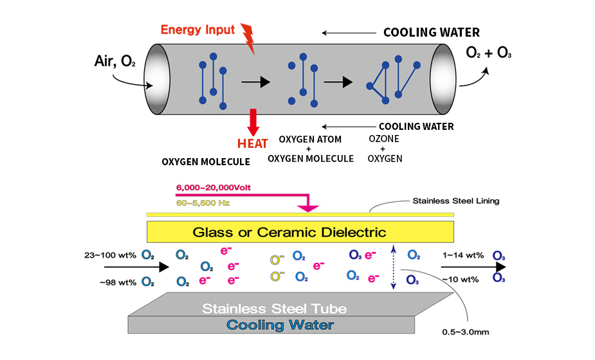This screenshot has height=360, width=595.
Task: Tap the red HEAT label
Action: point(252,143)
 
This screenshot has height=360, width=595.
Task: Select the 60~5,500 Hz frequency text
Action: point(203,203)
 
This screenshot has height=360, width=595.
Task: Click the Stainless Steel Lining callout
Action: point(455,201)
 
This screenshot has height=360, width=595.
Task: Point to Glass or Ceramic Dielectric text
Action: point(289,232)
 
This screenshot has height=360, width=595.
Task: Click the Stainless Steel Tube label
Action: point(275,309)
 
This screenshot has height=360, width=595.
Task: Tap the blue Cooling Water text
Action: point(280,325)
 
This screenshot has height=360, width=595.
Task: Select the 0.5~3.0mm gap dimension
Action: point(466,332)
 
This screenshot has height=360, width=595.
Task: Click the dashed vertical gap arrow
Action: point(393,267)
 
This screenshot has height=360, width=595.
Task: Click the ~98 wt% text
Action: point(118,282)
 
